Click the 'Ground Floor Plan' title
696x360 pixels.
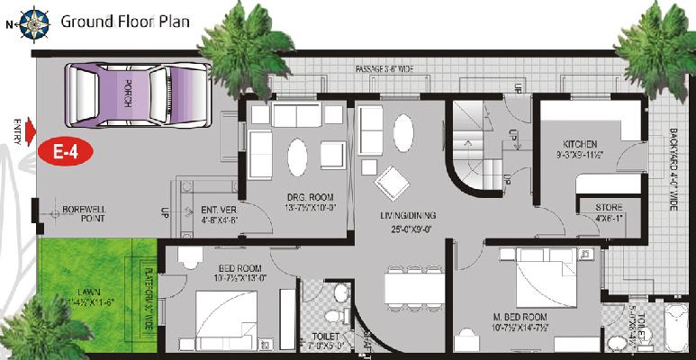[x=125, y=21]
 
